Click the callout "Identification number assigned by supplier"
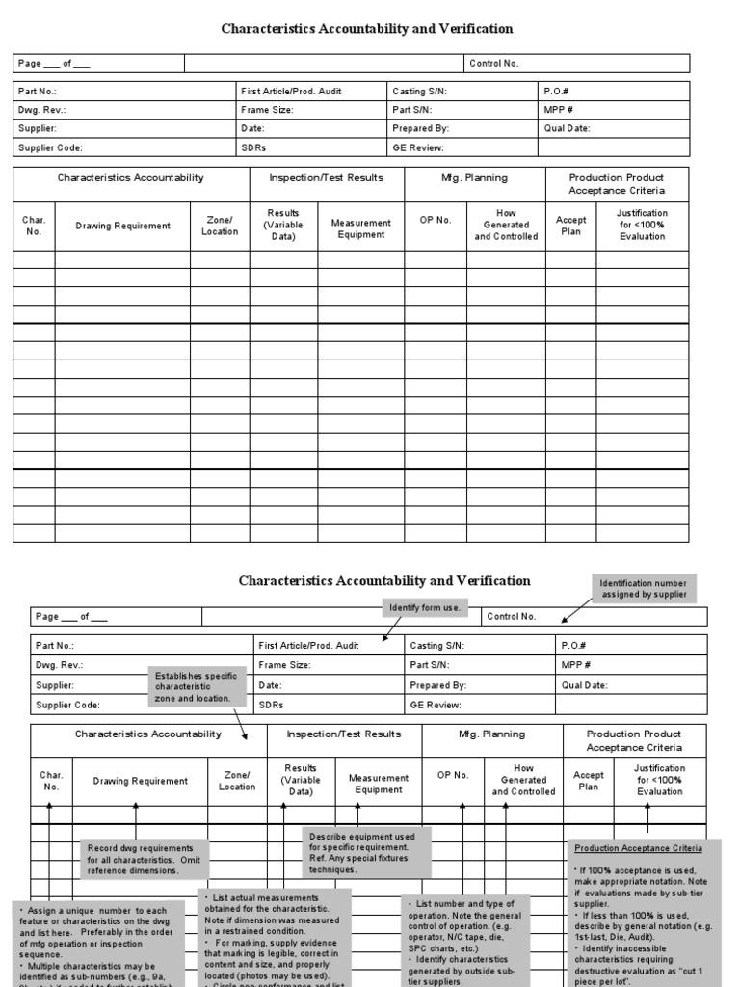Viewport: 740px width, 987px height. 643,588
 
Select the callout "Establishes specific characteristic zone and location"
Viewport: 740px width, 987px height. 193,686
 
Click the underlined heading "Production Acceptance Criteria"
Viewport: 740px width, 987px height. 639,848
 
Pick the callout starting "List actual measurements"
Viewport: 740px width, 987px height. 274,940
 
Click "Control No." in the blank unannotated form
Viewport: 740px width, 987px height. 494,63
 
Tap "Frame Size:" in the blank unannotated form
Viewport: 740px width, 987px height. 268,110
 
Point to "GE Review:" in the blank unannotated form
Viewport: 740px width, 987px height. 417,147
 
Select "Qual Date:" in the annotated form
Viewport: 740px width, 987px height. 585,685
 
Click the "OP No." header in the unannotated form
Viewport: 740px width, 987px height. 436,220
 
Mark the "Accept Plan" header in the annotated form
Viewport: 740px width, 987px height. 589,781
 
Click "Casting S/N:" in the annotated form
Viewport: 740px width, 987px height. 437,646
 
